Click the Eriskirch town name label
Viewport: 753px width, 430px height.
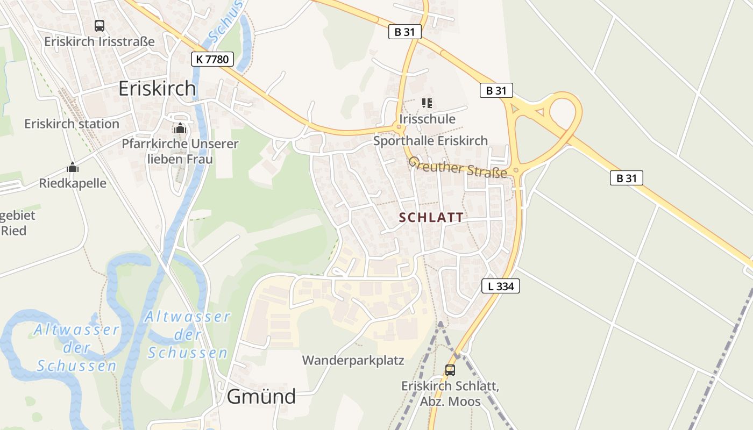[157, 89]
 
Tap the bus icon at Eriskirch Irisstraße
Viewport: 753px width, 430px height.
[100, 25]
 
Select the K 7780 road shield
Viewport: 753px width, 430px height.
[212, 59]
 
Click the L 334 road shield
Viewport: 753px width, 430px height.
[501, 286]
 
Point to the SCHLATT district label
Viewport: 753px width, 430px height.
[431, 218]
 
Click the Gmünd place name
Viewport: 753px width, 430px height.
[261, 397]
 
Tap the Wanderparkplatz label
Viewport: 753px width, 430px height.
[353, 360]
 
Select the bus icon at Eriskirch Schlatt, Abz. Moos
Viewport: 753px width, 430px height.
[450, 370]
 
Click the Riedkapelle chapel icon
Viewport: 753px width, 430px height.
[73, 167]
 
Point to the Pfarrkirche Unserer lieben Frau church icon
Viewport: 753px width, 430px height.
[180, 128]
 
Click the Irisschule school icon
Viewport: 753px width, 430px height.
[427, 103]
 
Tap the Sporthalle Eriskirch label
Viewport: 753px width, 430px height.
[430, 141]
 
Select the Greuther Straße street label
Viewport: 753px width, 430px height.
[457, 167]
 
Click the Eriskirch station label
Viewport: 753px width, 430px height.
[72, 124]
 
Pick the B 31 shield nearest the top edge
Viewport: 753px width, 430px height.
[404, 32]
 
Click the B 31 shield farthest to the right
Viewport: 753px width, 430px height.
[627, 178]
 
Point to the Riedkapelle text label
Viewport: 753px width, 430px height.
[73, 183]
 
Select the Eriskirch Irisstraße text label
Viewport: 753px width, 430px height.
[100, 41]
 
